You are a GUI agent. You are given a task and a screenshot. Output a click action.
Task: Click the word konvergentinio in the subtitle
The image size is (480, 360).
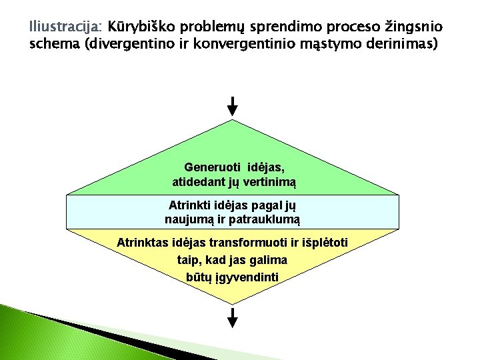249,45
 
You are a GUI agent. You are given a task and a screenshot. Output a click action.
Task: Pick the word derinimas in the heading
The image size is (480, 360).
401,45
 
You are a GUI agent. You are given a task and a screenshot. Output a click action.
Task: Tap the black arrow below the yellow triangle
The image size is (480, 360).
232,318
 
